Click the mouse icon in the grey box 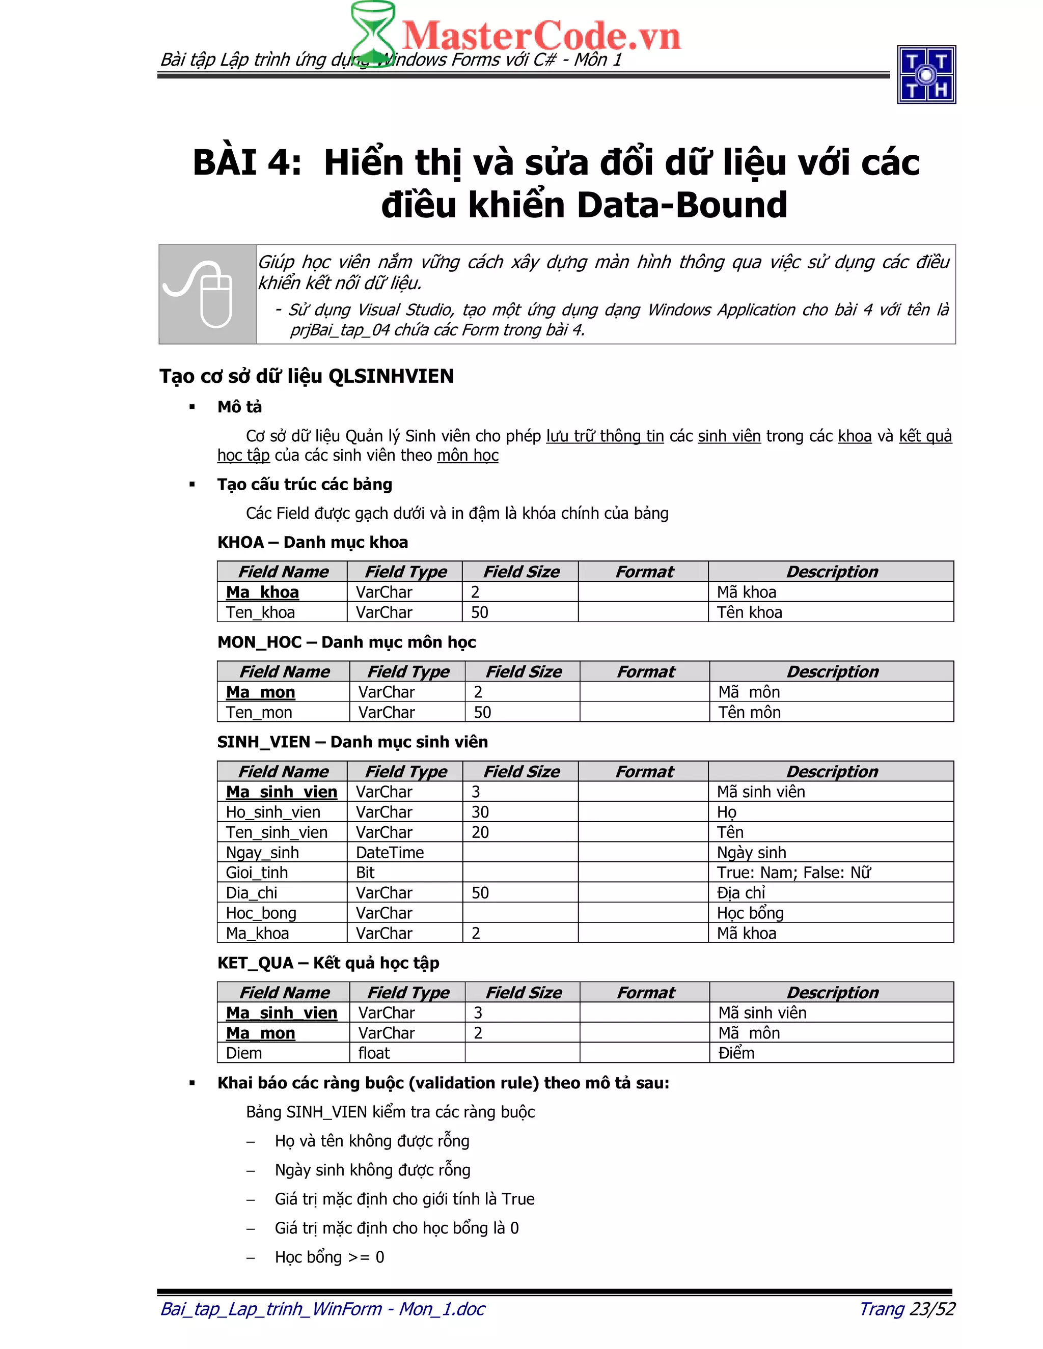(x=207, y=294)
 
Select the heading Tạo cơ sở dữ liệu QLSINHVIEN (x=307, y=376)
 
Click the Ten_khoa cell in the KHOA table (x=260, y=612)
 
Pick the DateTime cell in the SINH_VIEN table (x=390, y=852)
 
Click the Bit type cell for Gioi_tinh (x=365, y=873)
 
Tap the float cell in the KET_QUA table (x=374, y=1053)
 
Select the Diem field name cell (x=244, y=1053)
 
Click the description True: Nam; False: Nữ (x=793, y=873)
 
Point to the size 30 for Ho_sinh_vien (x=480, y=812)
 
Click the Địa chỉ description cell (x=741, y=893)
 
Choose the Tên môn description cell (x=750, y=712)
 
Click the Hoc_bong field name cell (x=261, y=913)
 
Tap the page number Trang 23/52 (x=907, y=1308)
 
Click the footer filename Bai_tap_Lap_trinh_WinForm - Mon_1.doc (x=322, y=1308)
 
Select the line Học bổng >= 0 (x=330, y=1257)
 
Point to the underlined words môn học (x=468, y=455)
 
